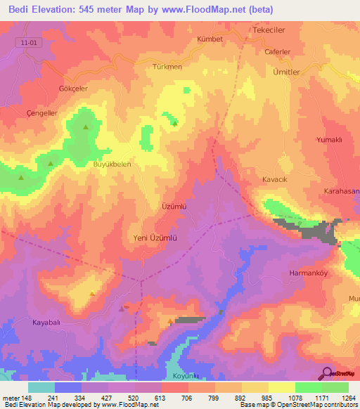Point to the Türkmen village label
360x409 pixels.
point(167,67)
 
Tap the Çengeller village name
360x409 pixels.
point(41,112)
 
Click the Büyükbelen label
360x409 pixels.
point(112,164)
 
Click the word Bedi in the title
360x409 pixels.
point(19,11)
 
